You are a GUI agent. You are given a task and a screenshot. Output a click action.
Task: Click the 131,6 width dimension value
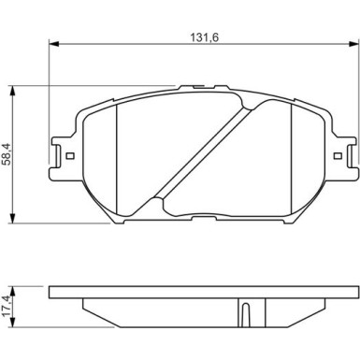(205, 37)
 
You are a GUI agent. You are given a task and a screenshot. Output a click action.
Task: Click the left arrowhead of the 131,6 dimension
(54, 44)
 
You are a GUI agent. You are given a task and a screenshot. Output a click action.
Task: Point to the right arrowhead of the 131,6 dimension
(353, 44)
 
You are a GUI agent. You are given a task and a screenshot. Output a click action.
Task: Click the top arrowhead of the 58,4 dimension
(12, 91)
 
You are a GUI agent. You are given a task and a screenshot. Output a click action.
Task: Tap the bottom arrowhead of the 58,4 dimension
(12, 218)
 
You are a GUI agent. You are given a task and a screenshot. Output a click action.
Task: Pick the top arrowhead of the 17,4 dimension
(12, 291)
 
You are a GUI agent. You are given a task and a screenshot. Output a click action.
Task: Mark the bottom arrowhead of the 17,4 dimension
(12, 323)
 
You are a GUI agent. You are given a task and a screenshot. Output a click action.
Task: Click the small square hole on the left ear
(70, 155)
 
